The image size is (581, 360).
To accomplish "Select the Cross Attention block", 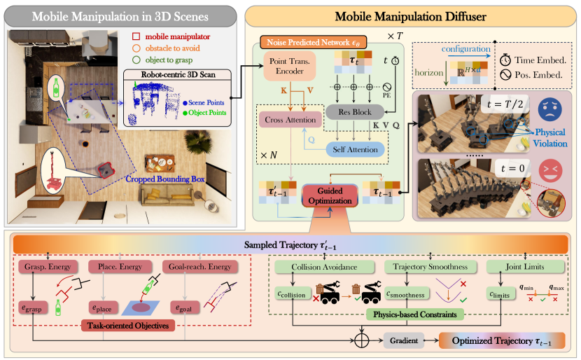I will point(288,120).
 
